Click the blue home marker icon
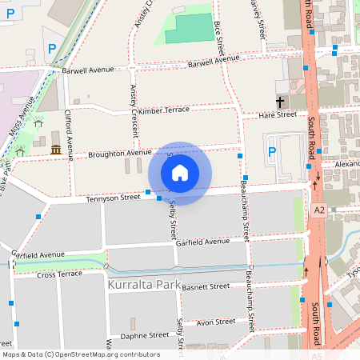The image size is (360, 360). coord(180,172)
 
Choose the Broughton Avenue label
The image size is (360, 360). coord(119,153)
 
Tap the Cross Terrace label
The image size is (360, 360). coord(59,274)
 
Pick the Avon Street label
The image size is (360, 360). coord(215,322)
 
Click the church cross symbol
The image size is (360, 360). coord(280,102)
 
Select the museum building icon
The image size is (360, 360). coord(56,150)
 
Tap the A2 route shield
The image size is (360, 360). coord(319,210)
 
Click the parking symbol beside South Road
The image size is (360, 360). coord(271,152)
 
